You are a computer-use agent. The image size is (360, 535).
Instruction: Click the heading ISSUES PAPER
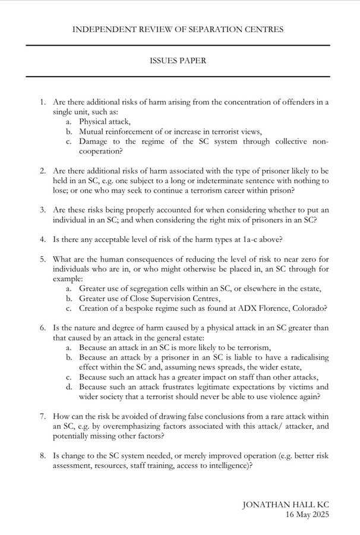point(179,61)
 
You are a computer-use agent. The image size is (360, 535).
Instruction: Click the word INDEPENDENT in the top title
point(102,29)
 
